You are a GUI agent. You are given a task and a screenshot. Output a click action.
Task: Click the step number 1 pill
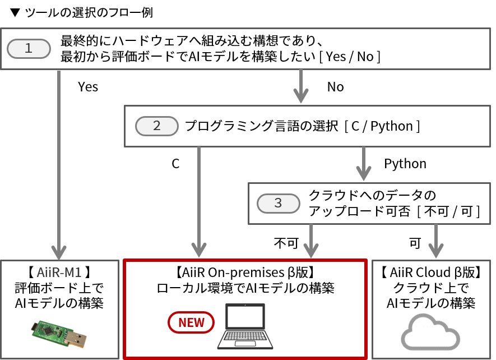point(29,48)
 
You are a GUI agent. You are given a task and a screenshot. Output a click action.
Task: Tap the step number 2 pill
point(157,126)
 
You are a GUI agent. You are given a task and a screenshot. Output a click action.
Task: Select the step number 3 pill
point(279,203)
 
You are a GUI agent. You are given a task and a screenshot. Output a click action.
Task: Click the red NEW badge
point(191,322)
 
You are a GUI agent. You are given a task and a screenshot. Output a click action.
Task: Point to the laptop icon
point(245,326)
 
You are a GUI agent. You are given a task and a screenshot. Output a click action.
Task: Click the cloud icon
point(430,332)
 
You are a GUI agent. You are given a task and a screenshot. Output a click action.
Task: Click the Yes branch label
point(88,87)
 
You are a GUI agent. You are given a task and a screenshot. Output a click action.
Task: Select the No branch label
point(335,87)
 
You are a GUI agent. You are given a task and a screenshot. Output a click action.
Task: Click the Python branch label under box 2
point(405,164)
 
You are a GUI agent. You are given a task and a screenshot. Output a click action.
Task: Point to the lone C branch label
point(175,164)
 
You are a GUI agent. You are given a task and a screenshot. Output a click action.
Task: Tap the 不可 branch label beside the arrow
point(286,243)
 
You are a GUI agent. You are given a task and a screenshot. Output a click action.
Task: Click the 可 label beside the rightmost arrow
point(415,243)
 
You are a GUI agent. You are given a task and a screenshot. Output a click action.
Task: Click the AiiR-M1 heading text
point(59,273)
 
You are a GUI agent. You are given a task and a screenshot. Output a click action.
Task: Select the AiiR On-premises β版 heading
point(245,273)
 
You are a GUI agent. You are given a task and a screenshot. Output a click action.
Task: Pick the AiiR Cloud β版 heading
point(431,273)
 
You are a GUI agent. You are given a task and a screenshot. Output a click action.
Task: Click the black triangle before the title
point(15,13)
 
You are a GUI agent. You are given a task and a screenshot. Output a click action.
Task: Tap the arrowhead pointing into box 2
point(301,96)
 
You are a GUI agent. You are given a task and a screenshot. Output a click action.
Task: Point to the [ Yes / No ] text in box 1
point(350,57)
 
